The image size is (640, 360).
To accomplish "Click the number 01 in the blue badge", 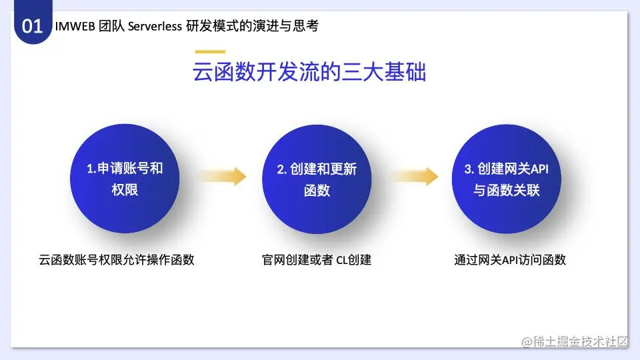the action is (32, 26).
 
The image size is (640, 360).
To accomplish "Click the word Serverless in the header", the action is (155, 26).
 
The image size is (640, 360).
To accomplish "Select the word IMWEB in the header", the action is (75, 26).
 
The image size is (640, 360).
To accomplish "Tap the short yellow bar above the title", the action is (210, 51).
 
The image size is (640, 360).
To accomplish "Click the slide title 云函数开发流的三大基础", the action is (309, 72).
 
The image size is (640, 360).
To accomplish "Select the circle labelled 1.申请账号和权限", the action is (125, 179).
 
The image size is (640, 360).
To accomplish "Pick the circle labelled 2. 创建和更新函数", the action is (317, 179).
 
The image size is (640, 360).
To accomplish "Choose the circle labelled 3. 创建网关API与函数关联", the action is (507, 179).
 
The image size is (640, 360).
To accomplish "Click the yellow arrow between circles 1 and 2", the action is (223, 176).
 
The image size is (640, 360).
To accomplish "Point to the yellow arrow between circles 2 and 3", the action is (414, 176).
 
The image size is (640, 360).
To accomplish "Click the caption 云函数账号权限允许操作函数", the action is (116, 259).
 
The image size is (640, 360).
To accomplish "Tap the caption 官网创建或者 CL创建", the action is (317, 259).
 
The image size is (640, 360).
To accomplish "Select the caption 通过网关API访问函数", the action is (510, 259).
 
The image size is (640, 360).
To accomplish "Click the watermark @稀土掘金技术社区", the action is (575, 341).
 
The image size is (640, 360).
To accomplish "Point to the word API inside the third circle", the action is (539, 169).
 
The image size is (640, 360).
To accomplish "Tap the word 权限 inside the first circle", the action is (125, 190).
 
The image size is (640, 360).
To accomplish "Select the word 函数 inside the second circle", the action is (317, 191).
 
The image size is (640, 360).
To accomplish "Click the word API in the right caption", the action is (510, 260).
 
